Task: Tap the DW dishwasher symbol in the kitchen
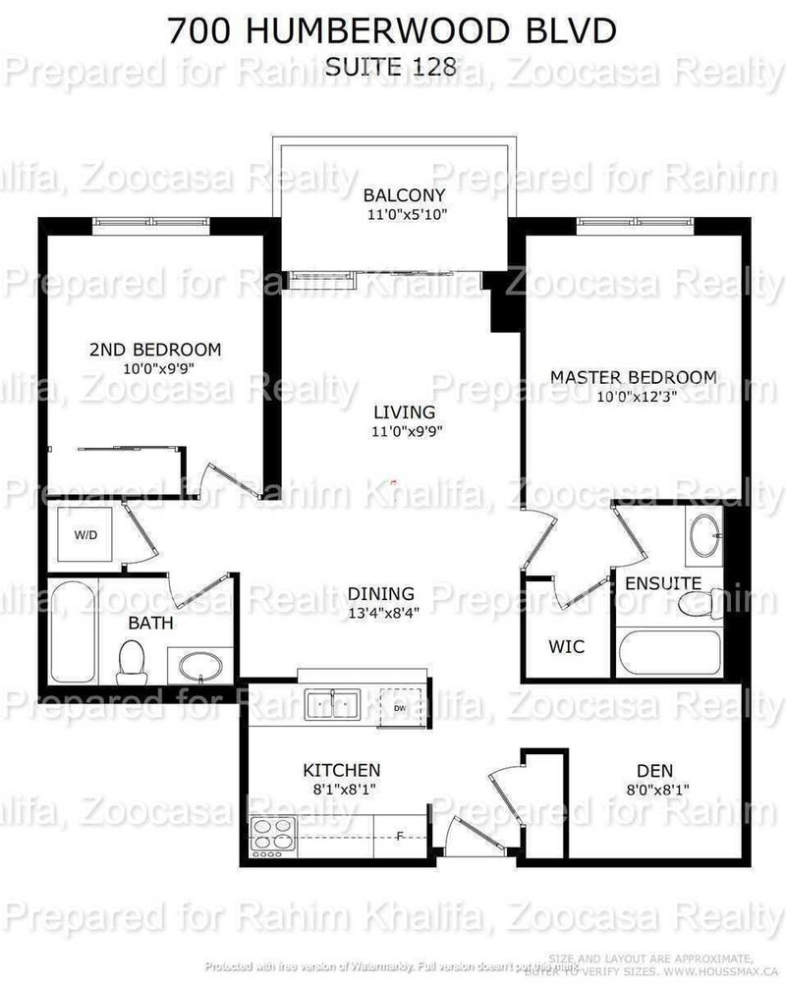click(398, 707)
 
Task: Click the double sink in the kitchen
click(331, 704)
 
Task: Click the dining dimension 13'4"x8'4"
click(380, 614)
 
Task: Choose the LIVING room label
click(403, 412)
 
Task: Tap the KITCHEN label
click(341, 770)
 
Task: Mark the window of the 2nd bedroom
click(152, 225)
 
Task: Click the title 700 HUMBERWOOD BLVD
click(392, 31)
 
